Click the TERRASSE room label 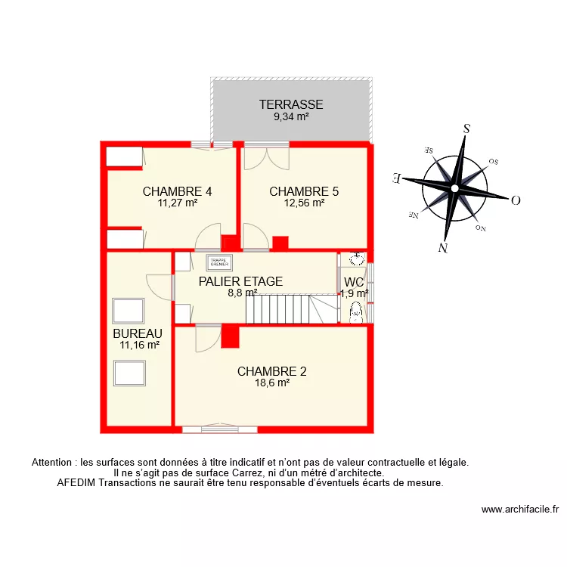291,105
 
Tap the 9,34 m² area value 291,116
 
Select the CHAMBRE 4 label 177,191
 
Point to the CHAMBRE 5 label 304,191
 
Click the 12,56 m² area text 304,203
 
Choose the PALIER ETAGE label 240,281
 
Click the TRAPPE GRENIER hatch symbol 218,262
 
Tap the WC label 354,283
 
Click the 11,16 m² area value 139,345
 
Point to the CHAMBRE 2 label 272,371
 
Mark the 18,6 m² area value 273,383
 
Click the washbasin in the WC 356,259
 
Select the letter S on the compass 467,129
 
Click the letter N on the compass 444,247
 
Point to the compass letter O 516,200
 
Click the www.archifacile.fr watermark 519,510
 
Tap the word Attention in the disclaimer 54,462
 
